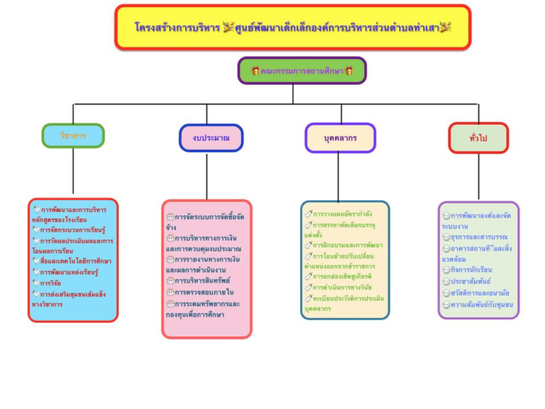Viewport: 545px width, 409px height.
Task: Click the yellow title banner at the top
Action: click(x=293, y=27)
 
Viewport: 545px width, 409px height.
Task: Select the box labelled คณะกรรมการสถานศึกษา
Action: click(x=302, y=70)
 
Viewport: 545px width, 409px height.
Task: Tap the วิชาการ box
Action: click(x=73, y=136)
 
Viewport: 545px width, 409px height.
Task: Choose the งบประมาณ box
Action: click(x=211, y=138)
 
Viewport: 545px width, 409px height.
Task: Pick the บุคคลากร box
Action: click(x=340, y=138)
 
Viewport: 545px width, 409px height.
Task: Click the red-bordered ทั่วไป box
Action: click(x=478, y=138)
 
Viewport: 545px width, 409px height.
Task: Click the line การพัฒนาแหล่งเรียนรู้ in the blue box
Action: click(x=69, y=272)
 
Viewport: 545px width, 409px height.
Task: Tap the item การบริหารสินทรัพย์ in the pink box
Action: click(x=202, y=280)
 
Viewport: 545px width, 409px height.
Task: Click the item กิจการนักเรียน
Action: click(x=471, y=270)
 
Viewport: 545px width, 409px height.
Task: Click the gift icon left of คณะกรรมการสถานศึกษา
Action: click(x=255, y=70)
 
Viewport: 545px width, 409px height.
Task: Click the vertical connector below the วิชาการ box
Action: click(x=73, y=170)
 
